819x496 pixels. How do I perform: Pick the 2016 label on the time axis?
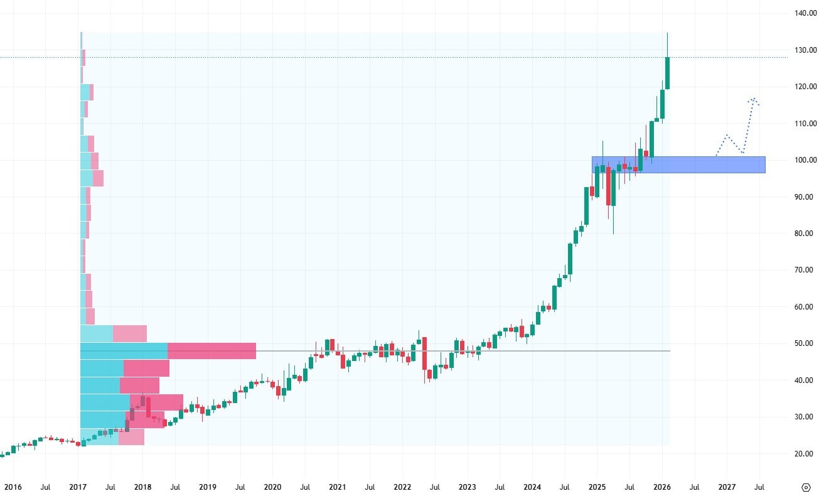tap(13, 487)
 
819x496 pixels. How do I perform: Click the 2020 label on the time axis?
tap(272, 487)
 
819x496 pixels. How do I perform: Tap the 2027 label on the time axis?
tap(727, 487)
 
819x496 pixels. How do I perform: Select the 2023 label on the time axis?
tap(467, 487)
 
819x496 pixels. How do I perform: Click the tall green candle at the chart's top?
tap(667, 73)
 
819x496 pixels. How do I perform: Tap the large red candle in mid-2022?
tap(424, 353)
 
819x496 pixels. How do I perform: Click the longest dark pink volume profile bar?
tap(211, 351)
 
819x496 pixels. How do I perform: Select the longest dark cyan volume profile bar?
tap(124, 351)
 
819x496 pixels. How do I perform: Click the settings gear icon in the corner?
tap(806, 487)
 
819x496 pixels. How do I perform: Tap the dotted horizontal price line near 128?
tap(377, 57)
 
